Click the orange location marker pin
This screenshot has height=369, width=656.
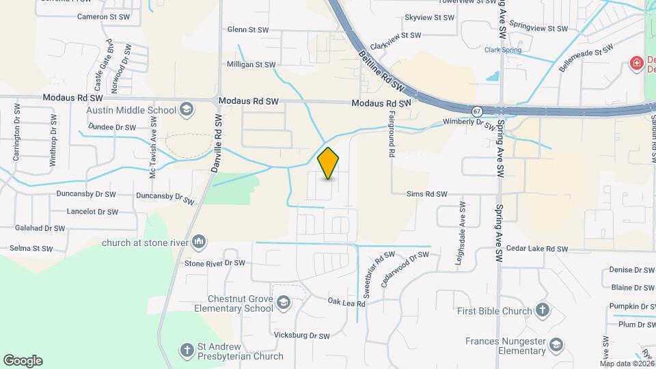tap(329, 163)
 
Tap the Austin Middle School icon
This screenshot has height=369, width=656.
tap(186, 110)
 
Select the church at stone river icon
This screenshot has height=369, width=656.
tap(199, 241)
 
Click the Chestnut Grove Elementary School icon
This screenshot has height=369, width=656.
tap(282, 303)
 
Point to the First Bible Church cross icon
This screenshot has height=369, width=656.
tap(543, 311)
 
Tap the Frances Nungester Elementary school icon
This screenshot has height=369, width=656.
tap(555, 344)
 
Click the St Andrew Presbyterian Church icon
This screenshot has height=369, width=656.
tap(187, 350)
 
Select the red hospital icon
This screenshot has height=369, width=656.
tap(637, 64)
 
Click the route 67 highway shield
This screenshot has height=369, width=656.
tap(477, 111)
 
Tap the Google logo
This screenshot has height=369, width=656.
tap(23, 361)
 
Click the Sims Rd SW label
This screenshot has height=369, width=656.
tap(426, 194)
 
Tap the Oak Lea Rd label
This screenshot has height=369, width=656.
tap(346, 301)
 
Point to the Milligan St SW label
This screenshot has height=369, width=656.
tap(251, 65)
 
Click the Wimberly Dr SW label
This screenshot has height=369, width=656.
tap(468, 124)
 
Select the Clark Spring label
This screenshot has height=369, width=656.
tap(502, 50)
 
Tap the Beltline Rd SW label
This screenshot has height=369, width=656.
tap(375, 69)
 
